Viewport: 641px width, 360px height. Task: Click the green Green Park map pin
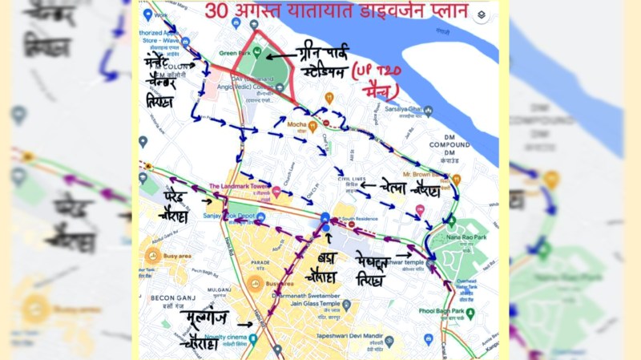(x=258, y=51)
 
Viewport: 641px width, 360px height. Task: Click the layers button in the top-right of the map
(x=481, y=14)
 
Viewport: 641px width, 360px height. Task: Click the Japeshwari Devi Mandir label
(x=351, y=338)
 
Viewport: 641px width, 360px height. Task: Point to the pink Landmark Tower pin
(x=276, y=192)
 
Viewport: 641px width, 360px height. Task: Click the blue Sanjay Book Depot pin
(x=260, y=216)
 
